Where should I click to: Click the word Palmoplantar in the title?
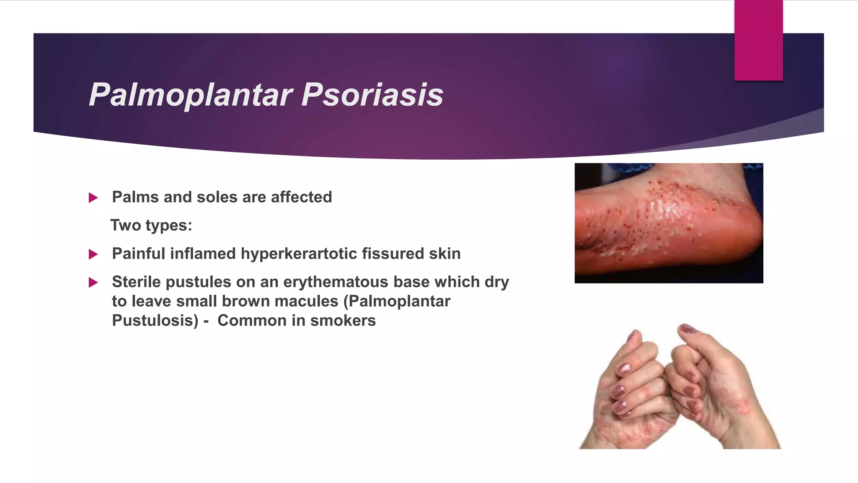click(x=191, y=95)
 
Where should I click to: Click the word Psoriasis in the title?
click(x=372, y=94)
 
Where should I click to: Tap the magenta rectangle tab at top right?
click(x=758, y=40)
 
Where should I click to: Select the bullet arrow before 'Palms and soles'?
click(x=93, y=197)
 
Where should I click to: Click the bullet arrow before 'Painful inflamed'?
click(x=93, y=254)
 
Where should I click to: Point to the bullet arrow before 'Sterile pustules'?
click(x=93, y=283)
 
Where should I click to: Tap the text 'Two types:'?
click(x=151, y=226)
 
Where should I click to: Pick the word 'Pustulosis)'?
click(x=155, y=321)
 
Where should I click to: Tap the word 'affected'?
click(x=301, y=197)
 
